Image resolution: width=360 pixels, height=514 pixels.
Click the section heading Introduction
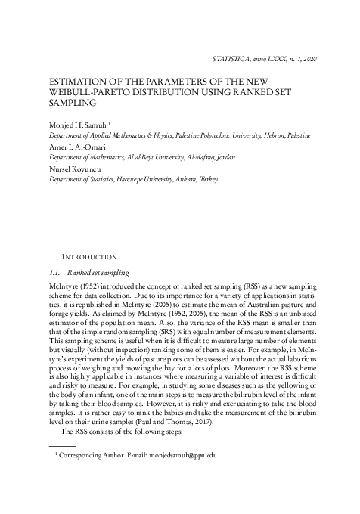point(92,257)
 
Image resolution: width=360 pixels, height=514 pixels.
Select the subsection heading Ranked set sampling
point(98,273)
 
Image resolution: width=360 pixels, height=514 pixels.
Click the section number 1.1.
point(54,273)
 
